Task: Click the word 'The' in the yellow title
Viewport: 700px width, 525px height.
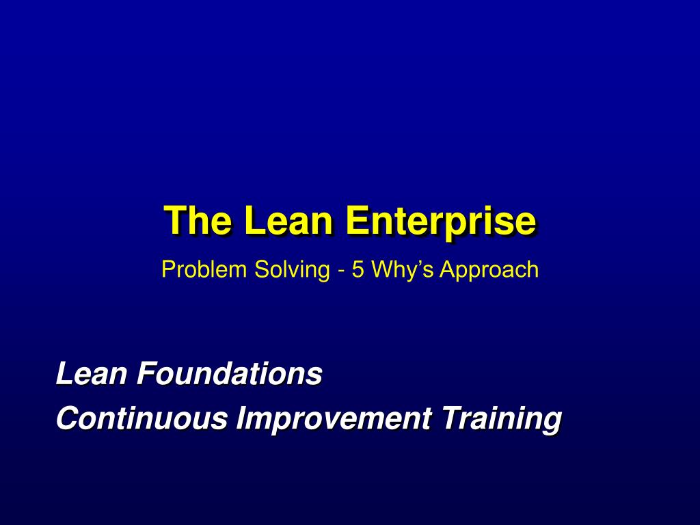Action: coord(198,220)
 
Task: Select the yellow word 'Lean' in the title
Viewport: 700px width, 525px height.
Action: coord(288,220)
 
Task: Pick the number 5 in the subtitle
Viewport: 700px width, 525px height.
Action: coord(358,269)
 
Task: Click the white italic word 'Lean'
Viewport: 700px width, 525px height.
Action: coord(92,373)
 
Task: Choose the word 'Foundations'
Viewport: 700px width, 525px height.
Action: coord(230,373)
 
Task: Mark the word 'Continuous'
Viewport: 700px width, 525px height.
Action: coord(142,418)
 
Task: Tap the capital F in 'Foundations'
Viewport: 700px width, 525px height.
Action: coord(148,373)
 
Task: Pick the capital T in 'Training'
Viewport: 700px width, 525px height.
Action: coord(454,418)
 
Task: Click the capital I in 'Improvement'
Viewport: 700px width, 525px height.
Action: coord(241,418)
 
